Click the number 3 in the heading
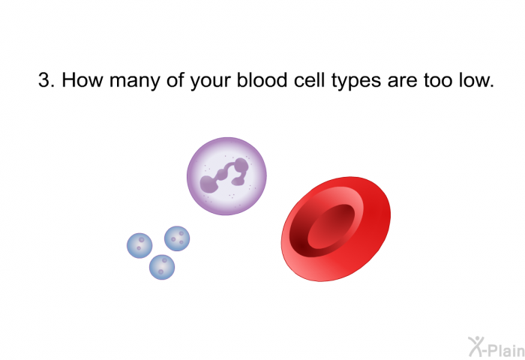click(x=43, y=80)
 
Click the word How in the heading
click(x=82, y=80)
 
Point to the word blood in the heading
click(x=262, y=80)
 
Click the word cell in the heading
click(x=310, y=80)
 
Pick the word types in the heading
click(x=356, y=82)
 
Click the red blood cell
click(x=336, y=229)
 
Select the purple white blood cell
click(x=226, y=176)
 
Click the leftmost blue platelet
click(x=139, y=245)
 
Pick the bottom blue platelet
click(x=162, y=267)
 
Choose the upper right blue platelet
click(x=177, y=238)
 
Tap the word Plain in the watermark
click(x=505, y=350)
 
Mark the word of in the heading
click(x=175, y=80)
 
